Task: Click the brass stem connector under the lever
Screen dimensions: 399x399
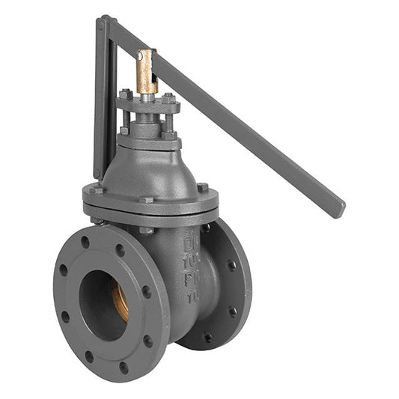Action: pyautogui.click(x=147, y=70)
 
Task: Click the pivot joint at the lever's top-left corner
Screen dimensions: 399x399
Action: pyautogui.click(x=104, y=23)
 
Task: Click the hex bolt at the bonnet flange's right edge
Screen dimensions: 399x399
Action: pyautogui.click(x=202, y=187)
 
